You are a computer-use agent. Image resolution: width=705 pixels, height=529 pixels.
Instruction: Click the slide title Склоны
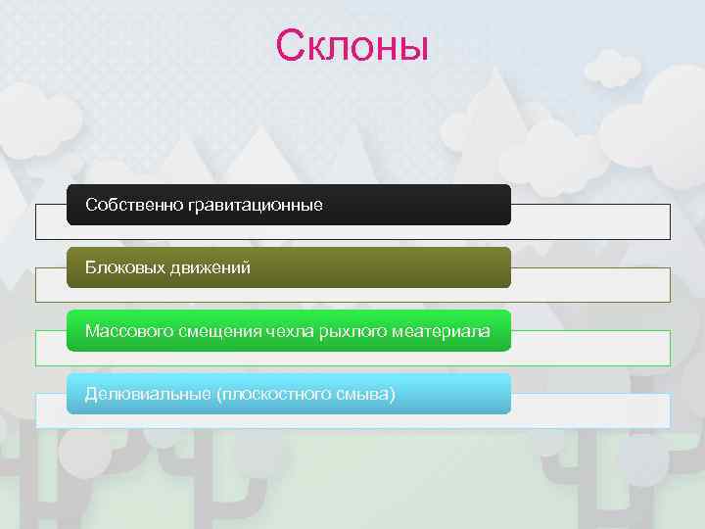coord(352,45)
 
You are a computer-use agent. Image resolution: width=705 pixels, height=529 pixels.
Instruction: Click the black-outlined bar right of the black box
coord(590,221)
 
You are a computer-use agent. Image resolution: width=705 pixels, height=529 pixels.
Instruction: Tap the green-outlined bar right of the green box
coord(590,348)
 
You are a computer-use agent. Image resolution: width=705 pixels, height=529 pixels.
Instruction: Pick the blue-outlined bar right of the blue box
coord(590,410)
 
